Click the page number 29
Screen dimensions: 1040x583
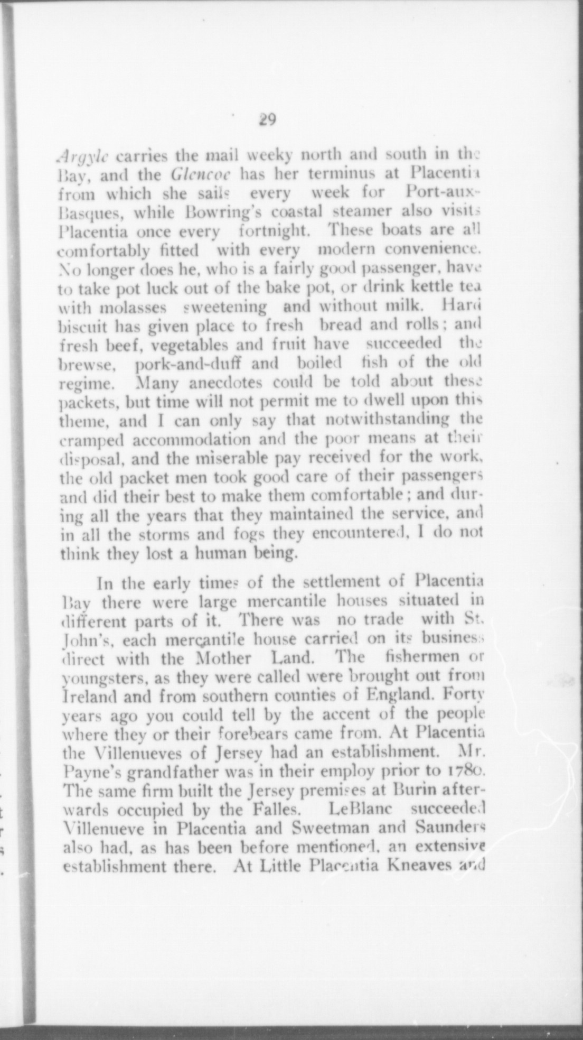click(267, 120)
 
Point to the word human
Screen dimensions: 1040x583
click(218, 553)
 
